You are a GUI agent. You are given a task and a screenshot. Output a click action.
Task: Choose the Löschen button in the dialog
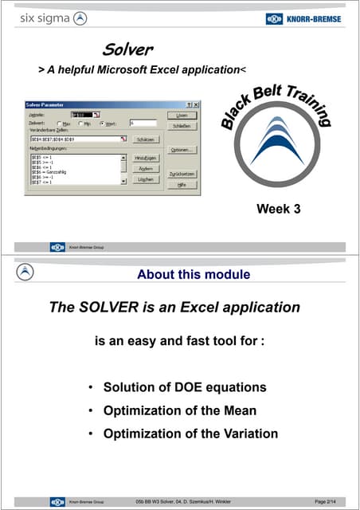pyautogui.click(x=146, y=180)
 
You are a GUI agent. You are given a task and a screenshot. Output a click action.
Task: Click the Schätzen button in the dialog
pyautogui.click(x=146, y=139)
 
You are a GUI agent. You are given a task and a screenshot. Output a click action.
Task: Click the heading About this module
pyautogui.click(x=194, y=275)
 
